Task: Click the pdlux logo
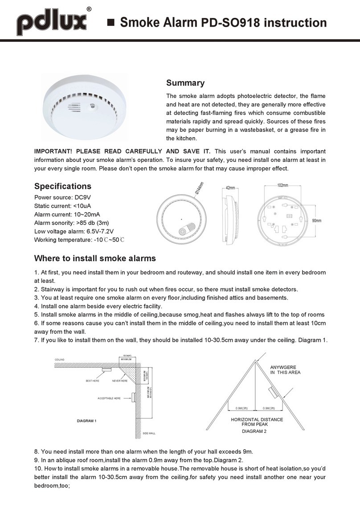pyautogui.click(x=52, y=22)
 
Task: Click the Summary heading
pyautogui.click(x=185, y=83)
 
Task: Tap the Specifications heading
pyautogui.click(x=62, y=186)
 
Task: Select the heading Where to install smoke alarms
pyautogui.click(x=95, y=258)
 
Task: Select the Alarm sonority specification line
pyautogui.click(x=72, y=223)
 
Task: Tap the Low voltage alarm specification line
pyautogui.click(x=74, y=231)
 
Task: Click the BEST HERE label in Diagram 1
pyautogui.click(x=93, y=381)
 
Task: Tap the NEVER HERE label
pyautogui.click(x=120, y=381)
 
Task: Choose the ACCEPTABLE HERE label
pyautogui.click(x=109, y=398)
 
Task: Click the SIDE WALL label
pyautogui.click(x=149, y=433)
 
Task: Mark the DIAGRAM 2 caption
pyautogui.click(x=254, y=431)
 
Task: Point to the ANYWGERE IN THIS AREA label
pyautogui.click(x=285, y=370)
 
